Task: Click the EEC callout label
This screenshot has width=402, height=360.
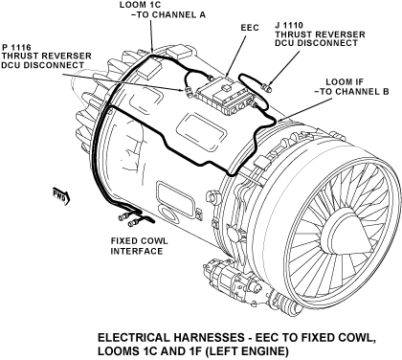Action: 250,28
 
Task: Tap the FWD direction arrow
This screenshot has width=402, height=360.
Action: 61,195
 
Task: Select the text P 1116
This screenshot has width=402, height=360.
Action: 16,48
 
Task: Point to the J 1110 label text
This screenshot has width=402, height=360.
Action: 289,25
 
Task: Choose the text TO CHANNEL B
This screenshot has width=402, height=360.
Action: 354,92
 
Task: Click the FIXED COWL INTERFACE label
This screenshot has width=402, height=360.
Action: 139,246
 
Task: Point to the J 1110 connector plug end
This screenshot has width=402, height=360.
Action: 266,86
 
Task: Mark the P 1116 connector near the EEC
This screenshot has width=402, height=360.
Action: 188,91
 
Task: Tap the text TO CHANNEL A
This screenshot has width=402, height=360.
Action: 171,14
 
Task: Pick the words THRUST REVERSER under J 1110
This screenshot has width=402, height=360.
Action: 320,34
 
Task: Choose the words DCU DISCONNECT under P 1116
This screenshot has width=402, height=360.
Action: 43,65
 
